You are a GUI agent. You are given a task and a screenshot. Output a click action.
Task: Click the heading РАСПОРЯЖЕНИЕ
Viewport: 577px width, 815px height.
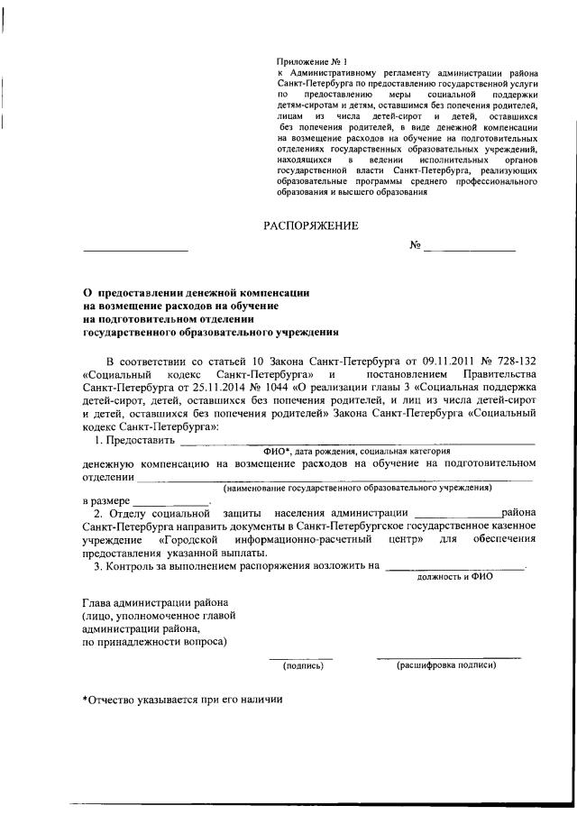pos(310,225)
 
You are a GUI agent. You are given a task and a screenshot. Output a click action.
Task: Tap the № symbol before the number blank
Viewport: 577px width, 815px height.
pos(416,246)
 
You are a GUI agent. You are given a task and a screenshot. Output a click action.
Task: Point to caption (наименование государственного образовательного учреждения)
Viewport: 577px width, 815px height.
pos(359,487)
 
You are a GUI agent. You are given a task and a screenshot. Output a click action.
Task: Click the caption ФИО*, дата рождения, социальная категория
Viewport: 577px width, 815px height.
pos(356,449)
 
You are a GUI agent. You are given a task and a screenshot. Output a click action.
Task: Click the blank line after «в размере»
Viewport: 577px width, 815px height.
pos(171,501)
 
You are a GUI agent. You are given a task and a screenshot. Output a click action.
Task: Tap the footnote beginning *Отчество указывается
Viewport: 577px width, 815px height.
pos(182,701)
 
